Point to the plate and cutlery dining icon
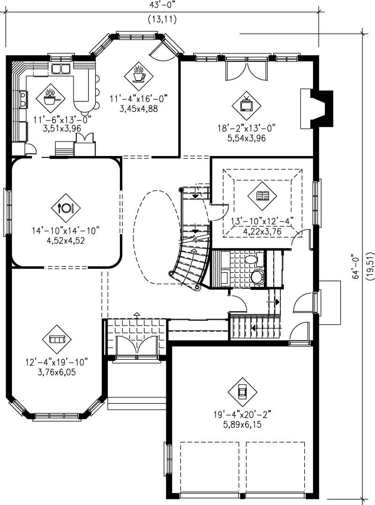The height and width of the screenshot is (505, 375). tap(66, 208)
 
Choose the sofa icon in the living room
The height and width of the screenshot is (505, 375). tap(57, 339)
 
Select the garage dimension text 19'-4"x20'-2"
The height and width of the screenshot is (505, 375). tap(242, 414)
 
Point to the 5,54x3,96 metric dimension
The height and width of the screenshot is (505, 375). tap(246, 139)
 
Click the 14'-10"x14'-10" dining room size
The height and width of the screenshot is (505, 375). tap(66, 230)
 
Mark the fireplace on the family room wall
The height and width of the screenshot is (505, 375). tap(317, 108)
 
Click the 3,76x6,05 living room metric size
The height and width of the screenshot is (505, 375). tap(57, 373)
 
